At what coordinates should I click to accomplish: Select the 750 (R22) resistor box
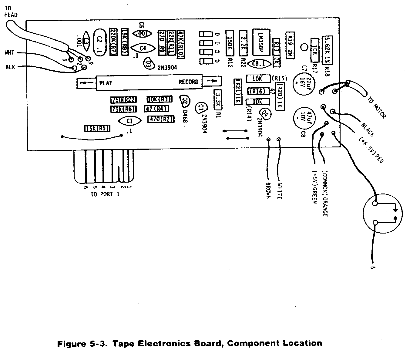124,100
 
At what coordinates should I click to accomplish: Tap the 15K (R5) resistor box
97,129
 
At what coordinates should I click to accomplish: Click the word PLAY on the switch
106,82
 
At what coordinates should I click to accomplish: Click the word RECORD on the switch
188,82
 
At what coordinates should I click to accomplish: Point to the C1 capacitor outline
129,121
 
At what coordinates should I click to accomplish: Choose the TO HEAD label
11,12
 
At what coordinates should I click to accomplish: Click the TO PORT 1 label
105,194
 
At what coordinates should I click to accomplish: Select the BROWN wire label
268,190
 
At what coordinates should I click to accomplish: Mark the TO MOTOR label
377,107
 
